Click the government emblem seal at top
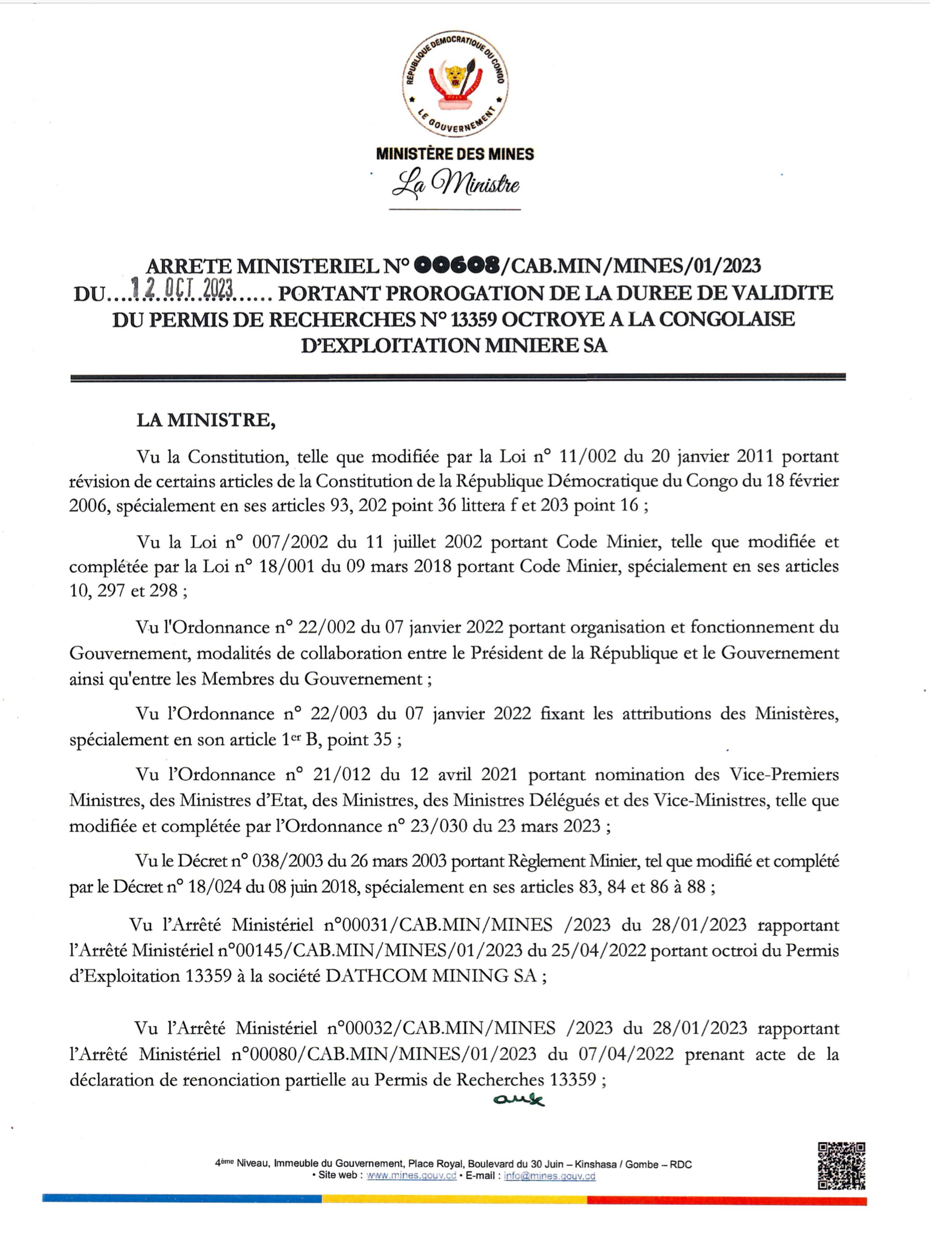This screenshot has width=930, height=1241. click(455, 85)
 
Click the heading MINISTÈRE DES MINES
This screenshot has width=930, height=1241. click(455, 154)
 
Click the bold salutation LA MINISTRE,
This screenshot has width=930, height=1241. click(206, 420)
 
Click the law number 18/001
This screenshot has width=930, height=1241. click(285, 566)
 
